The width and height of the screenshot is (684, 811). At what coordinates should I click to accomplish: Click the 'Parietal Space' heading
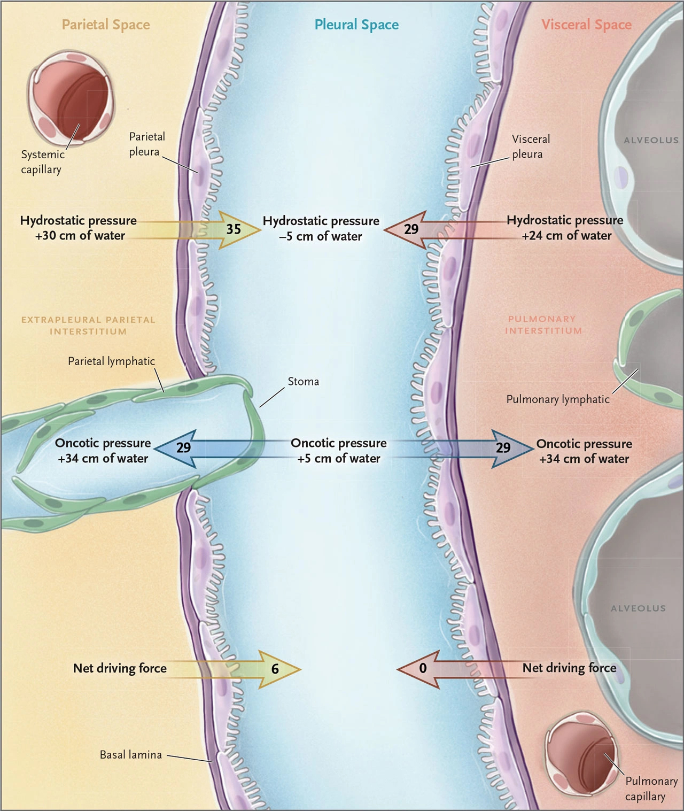(106, 25)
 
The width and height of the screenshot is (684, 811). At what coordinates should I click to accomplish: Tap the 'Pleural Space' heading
(356, 25)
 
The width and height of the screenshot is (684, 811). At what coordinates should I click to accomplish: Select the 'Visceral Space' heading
(587, 25)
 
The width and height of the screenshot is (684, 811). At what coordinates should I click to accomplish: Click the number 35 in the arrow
(234, 229)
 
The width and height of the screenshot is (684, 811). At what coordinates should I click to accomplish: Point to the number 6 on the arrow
(275, 669)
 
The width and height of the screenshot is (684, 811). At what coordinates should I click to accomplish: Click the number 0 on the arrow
(423, 668)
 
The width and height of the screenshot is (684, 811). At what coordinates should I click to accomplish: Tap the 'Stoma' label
(303, 381)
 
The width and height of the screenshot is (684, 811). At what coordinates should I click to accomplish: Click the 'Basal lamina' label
(131, 755)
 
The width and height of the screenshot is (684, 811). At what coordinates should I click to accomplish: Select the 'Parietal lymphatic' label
(111, 361)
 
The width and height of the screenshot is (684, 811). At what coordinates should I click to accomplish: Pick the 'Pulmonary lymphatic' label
(558, 399)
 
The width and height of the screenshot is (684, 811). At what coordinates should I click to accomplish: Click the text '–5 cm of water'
(321, 236)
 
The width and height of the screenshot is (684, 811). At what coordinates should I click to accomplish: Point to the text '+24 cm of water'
(566, 235)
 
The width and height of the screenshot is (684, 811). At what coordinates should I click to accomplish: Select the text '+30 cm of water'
(80, 235)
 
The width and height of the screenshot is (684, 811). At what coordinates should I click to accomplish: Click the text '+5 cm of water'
(339, 458)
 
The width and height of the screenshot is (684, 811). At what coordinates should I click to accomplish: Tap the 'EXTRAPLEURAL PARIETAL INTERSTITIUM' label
(88, 326)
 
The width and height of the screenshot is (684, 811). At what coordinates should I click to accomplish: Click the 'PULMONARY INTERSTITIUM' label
(543, 325)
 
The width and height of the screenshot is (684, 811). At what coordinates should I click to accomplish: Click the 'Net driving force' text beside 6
(120, 668)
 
